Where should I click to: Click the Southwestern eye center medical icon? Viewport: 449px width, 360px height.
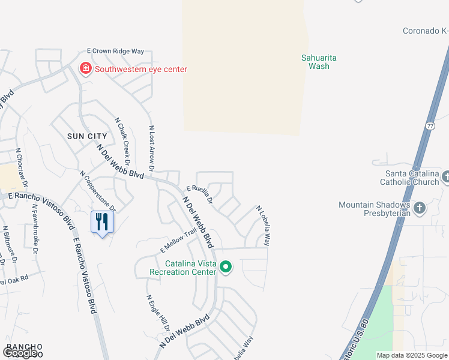(x=86, y=69)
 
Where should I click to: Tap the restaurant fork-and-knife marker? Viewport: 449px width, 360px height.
(x=101, y=222)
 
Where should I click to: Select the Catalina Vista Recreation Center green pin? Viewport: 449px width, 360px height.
(x=226, y=267)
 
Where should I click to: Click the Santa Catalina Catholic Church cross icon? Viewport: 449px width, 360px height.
(x=444, y=177)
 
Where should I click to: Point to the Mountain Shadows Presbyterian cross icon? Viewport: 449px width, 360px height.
(x=419, y=209)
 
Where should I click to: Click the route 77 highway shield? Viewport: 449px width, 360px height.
(x=430, y=125)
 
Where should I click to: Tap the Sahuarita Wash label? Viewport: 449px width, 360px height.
(x=319, y=62)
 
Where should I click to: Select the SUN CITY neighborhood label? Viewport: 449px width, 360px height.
(x=87, y=136)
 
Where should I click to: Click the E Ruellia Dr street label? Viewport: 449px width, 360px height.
(x=199, y=194)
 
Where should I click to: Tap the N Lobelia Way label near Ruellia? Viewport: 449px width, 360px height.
(x=263, y=226)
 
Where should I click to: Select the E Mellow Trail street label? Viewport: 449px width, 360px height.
(x=178, y=239)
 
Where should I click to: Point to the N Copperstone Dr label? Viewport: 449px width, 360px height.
(x=97, y=190)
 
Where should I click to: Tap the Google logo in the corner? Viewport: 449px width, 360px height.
(x=20, y=353)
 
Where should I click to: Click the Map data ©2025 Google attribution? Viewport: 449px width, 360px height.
(x=411, y=355)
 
